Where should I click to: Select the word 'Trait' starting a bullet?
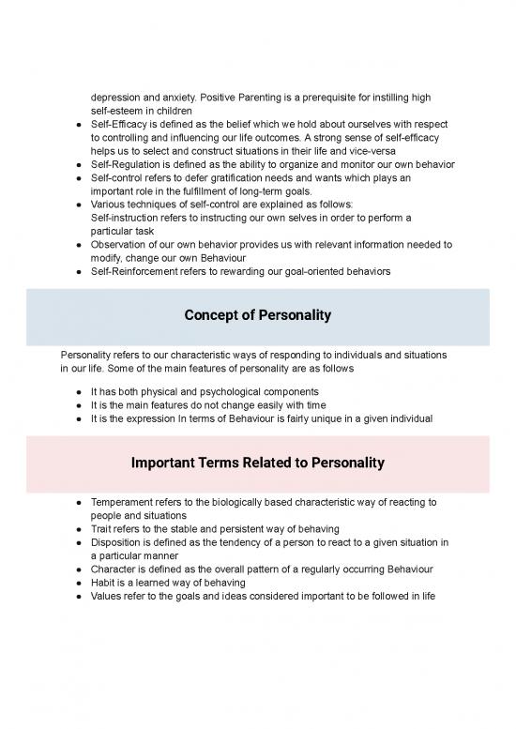coord(102,529)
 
